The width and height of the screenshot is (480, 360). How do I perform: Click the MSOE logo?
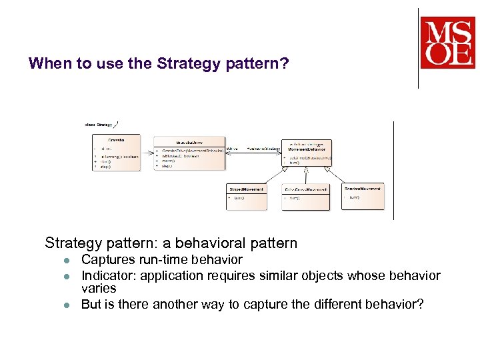point(447,43)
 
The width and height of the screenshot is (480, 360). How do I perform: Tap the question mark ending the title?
point(285,64)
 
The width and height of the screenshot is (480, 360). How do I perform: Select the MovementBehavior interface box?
point(306,153)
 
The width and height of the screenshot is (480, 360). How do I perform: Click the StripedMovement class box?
point(246,196)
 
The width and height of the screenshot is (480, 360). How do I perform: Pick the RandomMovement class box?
point(363,196)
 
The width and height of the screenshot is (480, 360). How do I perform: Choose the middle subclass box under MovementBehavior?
point(305,197)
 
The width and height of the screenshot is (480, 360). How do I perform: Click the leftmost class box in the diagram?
point(117,153)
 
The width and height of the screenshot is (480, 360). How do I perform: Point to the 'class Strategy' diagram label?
point(99,124)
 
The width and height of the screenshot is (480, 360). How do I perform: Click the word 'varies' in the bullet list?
point(99,289)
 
